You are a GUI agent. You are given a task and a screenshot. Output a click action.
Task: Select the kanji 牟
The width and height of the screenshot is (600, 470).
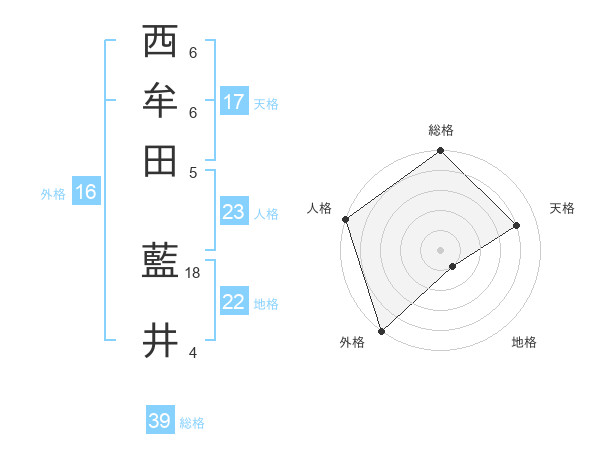point(160,101)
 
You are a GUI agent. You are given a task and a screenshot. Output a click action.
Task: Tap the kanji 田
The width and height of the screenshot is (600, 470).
point(160,161)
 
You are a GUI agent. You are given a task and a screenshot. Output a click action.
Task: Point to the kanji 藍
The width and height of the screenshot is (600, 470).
point(160,263)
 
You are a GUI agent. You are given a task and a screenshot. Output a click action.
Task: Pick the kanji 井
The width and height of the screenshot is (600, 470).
point(160,341)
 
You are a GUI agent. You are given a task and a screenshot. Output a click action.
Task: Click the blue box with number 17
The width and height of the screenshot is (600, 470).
point(234,102)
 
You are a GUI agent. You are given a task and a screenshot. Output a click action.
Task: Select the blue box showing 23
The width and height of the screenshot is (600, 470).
point(234,212)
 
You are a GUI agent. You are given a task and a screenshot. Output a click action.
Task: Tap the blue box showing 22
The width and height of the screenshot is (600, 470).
point(234,302)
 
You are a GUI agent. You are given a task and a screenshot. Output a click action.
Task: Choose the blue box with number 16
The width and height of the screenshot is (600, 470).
point(86,192)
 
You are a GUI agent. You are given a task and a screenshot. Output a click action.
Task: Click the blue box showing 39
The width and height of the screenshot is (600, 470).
point(160,421)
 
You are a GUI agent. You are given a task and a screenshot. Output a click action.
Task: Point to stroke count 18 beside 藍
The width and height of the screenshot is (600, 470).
point(194,273)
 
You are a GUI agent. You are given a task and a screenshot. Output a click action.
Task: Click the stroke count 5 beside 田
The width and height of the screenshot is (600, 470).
point(194,171)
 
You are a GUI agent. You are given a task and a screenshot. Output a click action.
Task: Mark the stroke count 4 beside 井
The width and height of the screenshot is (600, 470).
point(194,351)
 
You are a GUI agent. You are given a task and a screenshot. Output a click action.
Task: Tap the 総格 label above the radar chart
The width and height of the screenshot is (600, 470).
point(441,130)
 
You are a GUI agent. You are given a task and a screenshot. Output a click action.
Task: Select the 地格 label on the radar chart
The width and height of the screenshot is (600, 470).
point(524,343)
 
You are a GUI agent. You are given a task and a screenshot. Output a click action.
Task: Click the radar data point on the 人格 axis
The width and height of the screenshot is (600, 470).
point(345,219)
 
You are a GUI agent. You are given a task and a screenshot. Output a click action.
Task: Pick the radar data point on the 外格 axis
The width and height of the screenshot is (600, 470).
point(381,331)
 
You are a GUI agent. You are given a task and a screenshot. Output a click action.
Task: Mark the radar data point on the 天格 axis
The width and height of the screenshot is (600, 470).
point(517,226)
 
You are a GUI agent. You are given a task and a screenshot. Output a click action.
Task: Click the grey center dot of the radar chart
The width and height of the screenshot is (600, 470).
point(441,250)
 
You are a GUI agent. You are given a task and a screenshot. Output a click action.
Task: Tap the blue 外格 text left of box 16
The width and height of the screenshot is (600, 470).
point(53,194)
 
